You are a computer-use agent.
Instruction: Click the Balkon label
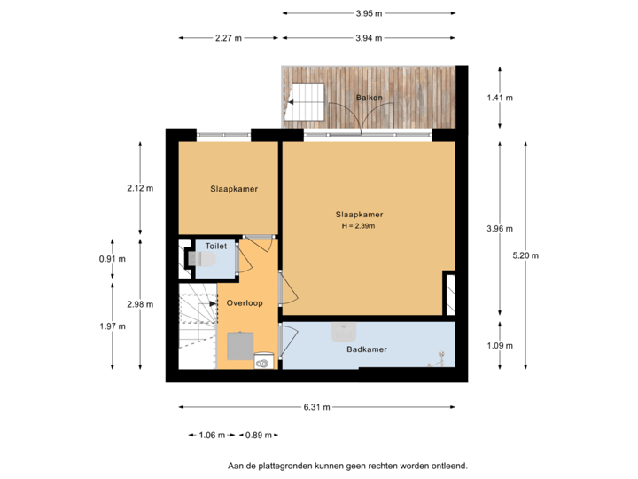tap(369, 97)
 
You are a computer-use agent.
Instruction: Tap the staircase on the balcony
tap(307, 102)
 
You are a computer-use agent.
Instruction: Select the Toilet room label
tap(216, 246)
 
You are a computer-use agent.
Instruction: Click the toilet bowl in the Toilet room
tap(203, 260)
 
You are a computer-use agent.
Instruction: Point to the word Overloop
tap(244, 302)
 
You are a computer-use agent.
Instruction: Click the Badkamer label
tap(366, 349)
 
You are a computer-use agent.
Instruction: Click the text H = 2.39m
tap(359, 226)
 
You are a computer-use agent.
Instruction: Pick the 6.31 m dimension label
tap(317, 407)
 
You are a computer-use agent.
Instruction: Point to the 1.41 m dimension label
tap(500, 98)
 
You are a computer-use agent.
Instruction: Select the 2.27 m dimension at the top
tap(229, 38)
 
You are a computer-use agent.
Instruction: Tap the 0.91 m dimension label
tap(113, 259)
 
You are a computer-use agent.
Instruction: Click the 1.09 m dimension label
tap(500, 346)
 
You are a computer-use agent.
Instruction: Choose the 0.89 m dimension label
tap(259, 435)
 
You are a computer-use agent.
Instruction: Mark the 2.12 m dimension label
tap(140, 188)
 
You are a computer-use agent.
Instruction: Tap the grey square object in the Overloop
tap(238, 344)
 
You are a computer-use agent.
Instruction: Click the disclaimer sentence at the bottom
tap(347, 465)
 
